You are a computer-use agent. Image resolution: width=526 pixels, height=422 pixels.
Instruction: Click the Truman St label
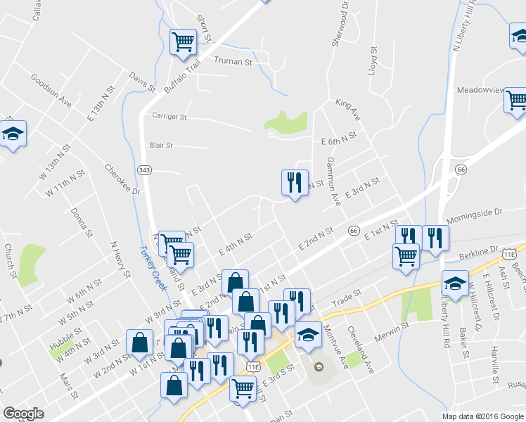click(233, 62)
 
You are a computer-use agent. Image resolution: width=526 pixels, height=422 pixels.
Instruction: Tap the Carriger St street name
click(169, 116)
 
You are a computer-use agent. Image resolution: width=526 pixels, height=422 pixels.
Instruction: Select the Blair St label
click(161, 146)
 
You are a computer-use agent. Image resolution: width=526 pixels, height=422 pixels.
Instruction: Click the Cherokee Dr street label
click(122, 179)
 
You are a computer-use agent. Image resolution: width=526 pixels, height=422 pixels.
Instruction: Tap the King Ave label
click(347, 110)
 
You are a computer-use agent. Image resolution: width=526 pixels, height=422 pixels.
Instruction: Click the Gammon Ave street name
click(333, 181)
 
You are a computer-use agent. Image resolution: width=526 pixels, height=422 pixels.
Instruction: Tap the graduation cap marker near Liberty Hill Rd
click(455, 284)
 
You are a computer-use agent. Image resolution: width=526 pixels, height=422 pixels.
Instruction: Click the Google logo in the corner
click(24, 414)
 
